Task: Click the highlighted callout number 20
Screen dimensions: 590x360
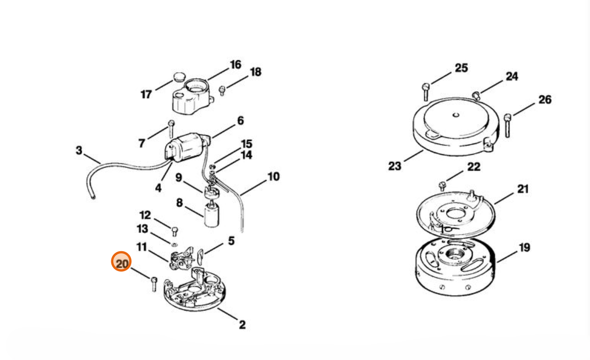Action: tap(121, 263)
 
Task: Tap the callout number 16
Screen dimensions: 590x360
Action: tap(236, 65)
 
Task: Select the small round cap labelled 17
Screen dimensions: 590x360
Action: tap(180, 77)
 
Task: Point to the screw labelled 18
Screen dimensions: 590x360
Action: tap(222, 90)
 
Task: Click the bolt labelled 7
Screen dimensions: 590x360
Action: tap(171, 128)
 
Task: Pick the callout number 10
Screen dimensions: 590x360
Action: tap(273, 176)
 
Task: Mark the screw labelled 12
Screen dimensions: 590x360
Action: tap(175, 231)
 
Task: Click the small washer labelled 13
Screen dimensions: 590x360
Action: tap(175, 244)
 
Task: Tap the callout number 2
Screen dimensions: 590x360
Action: tap(242, 325)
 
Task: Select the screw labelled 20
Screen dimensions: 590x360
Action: tap(154, 284)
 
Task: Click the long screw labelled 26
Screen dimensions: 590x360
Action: tap(508, 125)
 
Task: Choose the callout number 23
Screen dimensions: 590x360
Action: tap(395, 165)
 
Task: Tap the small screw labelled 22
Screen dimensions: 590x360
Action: tap(443, 186)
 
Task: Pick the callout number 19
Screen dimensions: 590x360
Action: tap(524, 248)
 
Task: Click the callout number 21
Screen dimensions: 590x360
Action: tap(523, 189)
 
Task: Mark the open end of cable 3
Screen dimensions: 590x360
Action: tap(93, 197)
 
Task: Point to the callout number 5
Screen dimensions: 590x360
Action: tap(231, 241)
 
